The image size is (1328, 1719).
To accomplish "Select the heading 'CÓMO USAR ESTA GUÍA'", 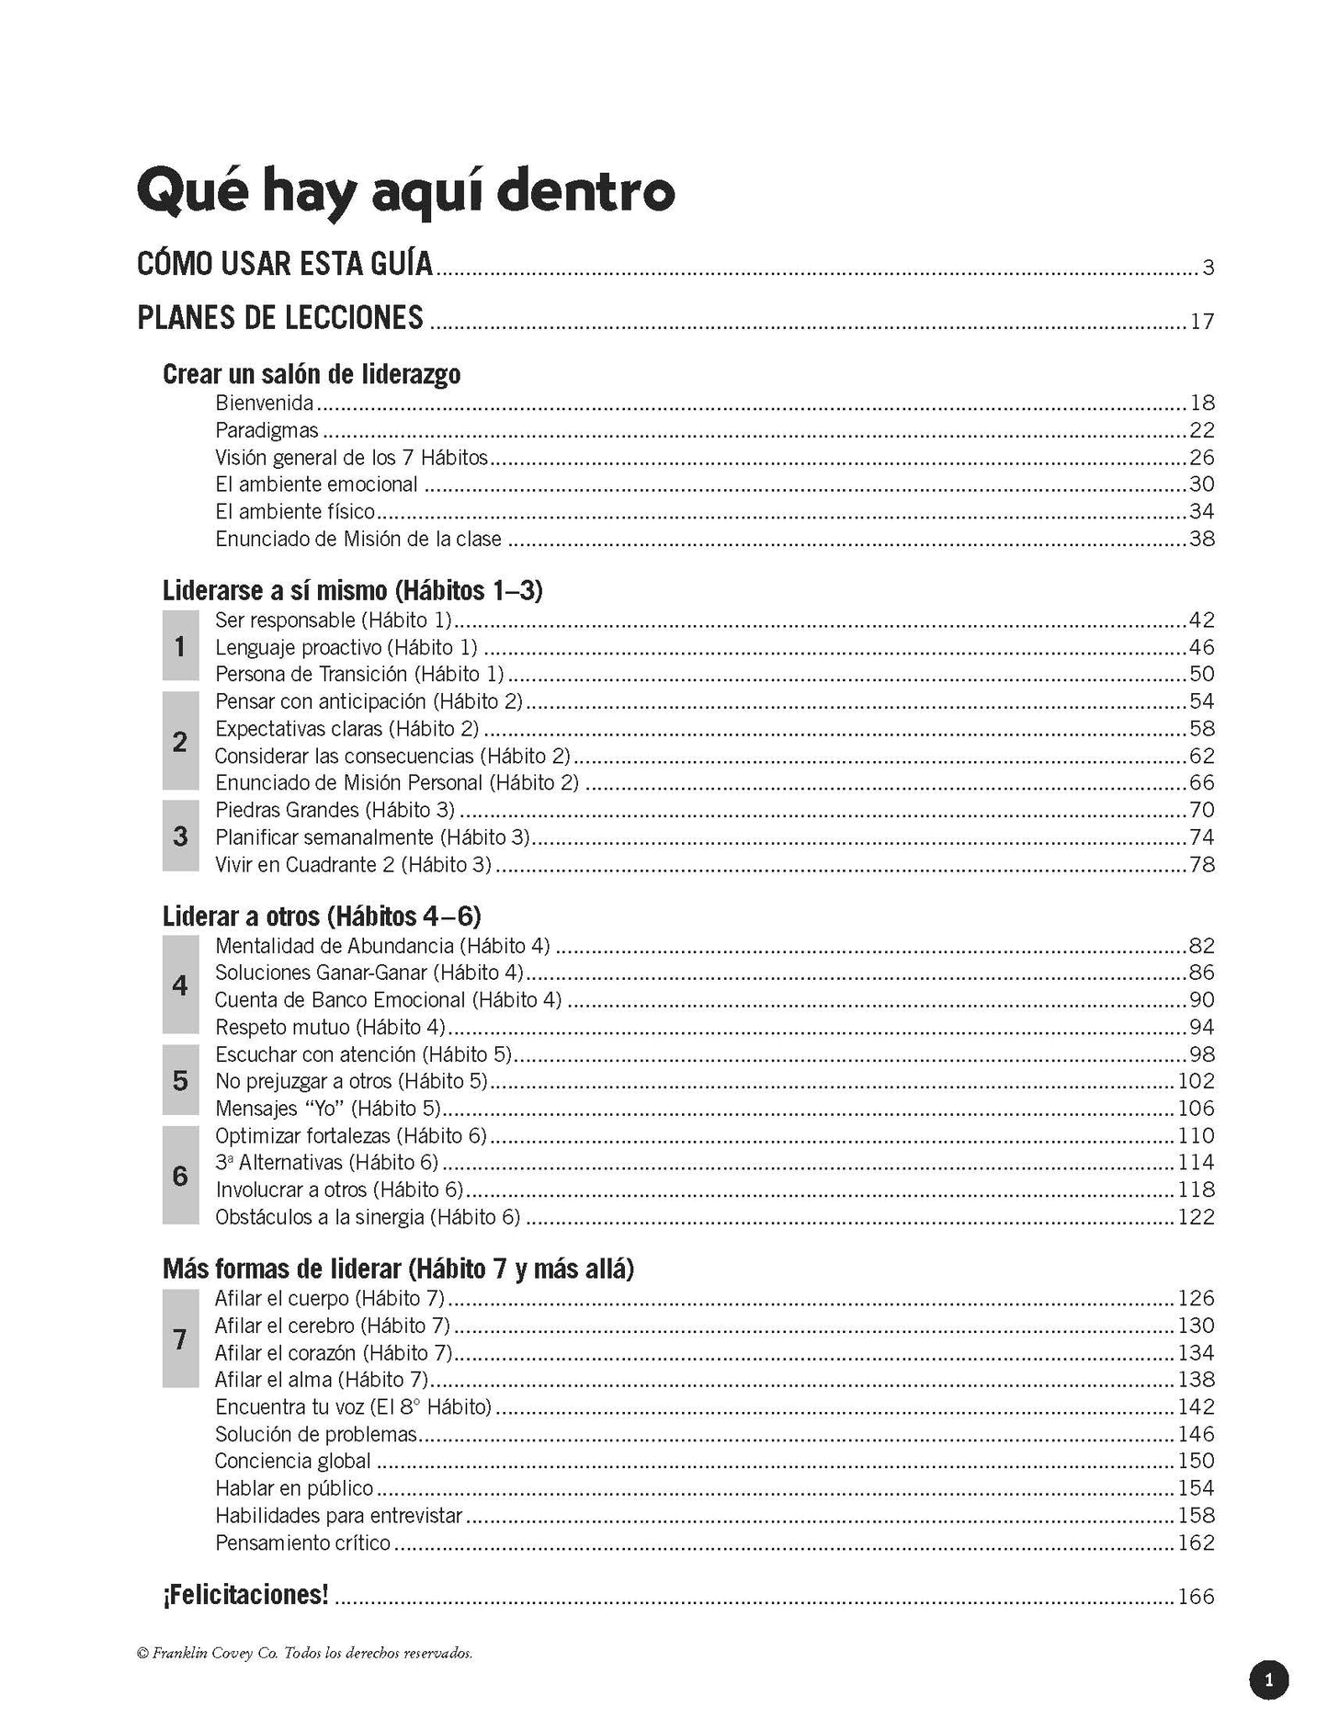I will click(285, 264).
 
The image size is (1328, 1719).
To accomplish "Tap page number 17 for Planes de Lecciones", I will click(1201, 322).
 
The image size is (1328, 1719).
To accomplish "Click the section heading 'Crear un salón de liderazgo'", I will click(312, 374).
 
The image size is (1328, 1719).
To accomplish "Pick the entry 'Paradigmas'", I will click(267, 430).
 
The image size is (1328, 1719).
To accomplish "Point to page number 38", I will click(1201, 539).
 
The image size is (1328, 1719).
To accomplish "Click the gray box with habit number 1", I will click(180, 646).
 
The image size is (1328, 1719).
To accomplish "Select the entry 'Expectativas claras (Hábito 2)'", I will click(347, 729).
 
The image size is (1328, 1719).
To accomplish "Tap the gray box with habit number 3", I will click(180, 836).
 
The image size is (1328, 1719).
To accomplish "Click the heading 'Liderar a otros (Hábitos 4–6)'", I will click(322, 916).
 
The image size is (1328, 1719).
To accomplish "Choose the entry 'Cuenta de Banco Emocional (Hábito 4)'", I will click(388, 1000).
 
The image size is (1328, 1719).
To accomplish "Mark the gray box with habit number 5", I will click(180, 1080).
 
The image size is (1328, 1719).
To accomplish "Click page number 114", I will click(1196, 1162).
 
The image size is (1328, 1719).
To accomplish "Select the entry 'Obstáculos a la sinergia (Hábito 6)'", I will click(368, 1217).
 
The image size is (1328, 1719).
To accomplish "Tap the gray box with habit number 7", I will click(180, 1338).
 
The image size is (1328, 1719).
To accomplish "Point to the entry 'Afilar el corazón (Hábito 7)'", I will click(334, 1353).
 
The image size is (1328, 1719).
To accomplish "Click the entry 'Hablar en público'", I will click(294, 1488).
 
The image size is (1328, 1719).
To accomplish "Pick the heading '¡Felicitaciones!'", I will click(245, 1595).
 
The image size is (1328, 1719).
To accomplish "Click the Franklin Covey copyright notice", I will click(304, 1654).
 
